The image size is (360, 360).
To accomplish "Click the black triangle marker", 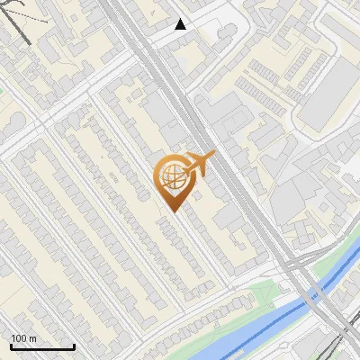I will [x=181, y=24].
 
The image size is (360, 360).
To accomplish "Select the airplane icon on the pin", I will [x=200, y=164].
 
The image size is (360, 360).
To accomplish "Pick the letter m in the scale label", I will [x=33, y=338].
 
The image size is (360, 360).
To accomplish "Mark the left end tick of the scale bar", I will [x=11, y=346].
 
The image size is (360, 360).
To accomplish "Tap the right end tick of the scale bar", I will [x=74, y=346].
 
